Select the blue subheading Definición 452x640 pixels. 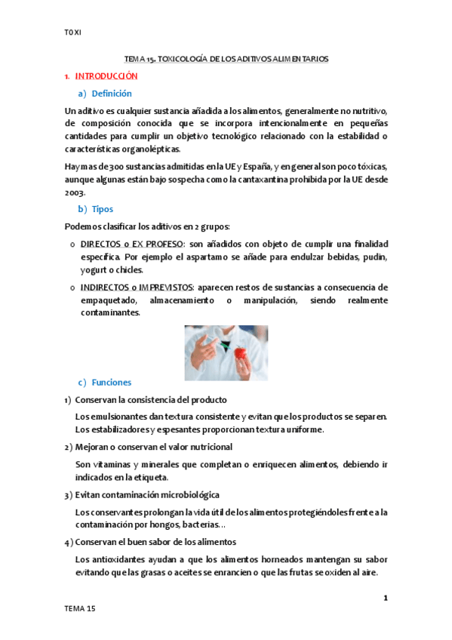pos(112,94)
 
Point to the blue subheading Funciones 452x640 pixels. pos(111,383)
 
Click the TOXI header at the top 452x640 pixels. pos(72,32)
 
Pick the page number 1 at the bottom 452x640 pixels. pos(386,598)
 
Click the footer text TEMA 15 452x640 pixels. pos(80,608)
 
